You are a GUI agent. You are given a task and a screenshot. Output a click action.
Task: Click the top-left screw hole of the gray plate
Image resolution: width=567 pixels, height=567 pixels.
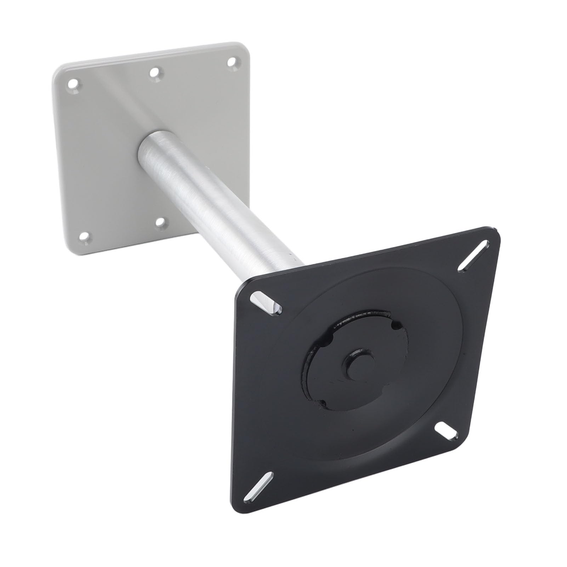point(73,85)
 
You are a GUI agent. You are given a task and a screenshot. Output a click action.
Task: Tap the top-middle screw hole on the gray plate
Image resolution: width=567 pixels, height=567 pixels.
point(154,73)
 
